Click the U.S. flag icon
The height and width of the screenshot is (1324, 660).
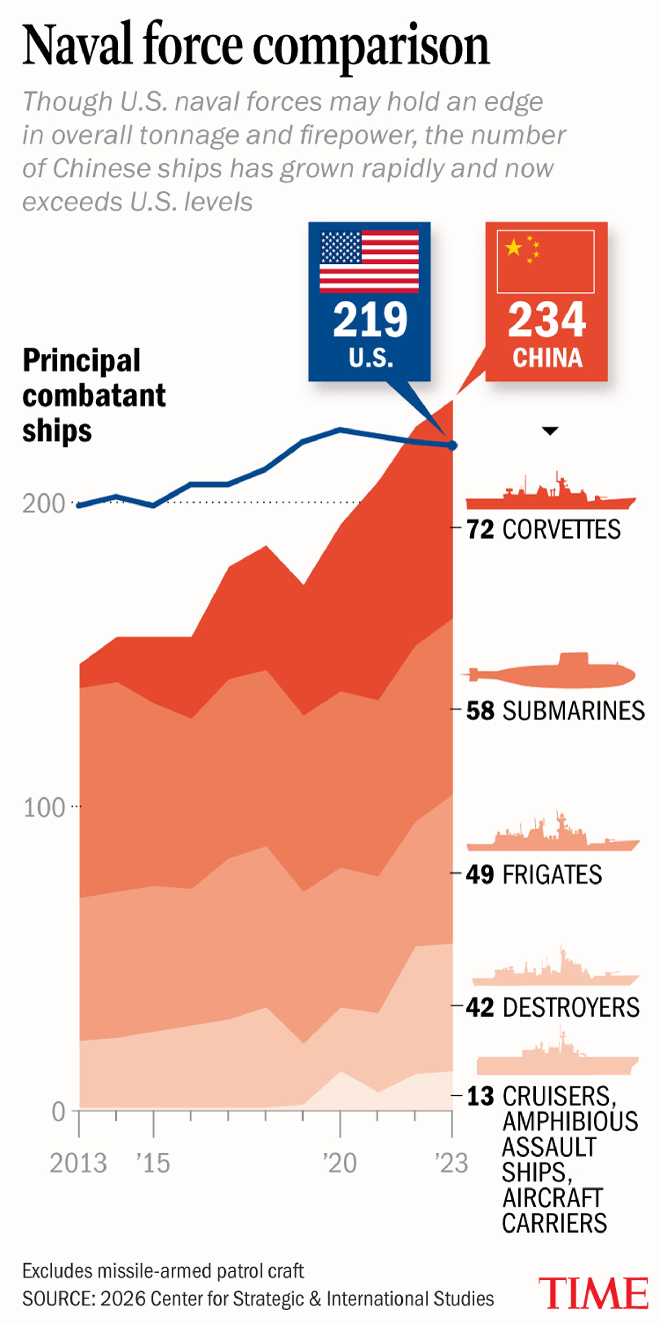(369, 261)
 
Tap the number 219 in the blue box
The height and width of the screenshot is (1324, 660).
(370, 320)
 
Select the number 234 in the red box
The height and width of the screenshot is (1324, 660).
(547, 320)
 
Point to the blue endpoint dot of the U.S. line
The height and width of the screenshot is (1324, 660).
(452, 445)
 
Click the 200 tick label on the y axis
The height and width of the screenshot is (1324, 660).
(44, 504)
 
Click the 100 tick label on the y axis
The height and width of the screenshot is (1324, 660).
(44, 807)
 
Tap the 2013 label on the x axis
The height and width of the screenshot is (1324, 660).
(78, 1163)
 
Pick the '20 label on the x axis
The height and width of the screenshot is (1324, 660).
(340, 1163)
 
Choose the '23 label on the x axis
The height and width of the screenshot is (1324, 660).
(451, 1163)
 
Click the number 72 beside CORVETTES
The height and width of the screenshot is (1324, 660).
(480, 529)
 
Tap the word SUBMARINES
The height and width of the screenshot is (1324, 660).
(573, 711)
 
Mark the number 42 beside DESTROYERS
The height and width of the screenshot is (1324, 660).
(480, 1007)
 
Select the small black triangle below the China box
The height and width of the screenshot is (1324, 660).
(550, 431)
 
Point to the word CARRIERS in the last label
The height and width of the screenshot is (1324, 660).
(554, 1223)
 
